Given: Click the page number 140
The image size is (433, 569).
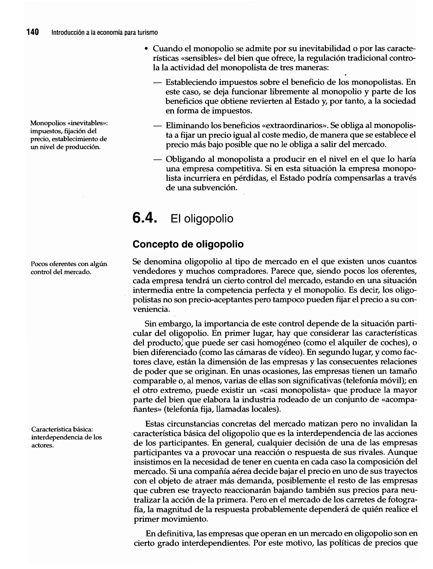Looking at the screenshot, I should click(33, 32).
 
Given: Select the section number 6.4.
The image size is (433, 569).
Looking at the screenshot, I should click(144, 218).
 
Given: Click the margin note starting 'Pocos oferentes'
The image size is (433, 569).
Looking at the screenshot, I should click(69, 268).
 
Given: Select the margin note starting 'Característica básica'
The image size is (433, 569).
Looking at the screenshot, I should click(67, 437).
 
